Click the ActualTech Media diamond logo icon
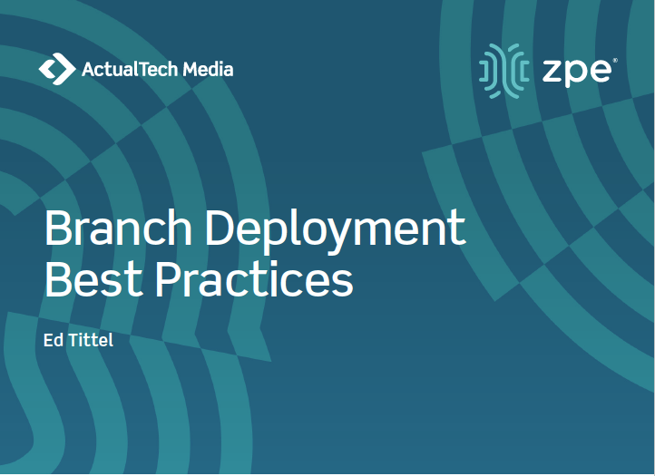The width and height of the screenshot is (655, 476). pos(57,69)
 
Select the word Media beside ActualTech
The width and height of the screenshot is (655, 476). pos(209,69)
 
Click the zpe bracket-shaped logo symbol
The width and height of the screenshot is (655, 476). pos(503,68)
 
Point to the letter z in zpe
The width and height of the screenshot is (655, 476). pos(552,72)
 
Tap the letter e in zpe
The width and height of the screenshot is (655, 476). pos(600,72)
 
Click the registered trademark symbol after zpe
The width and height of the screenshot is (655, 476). pos(616,61)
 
